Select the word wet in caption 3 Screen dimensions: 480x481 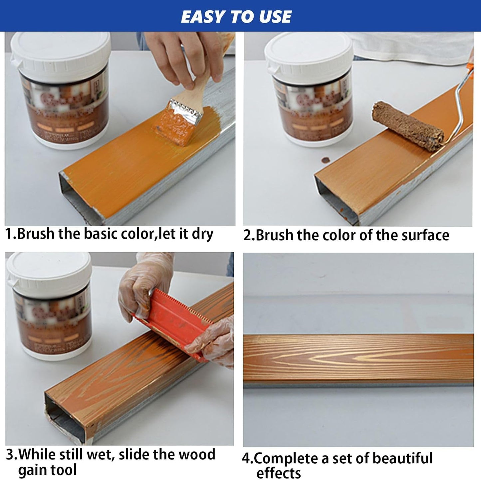pos(100,454)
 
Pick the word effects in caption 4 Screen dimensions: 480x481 pos(278,473)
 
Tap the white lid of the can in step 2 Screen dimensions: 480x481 pos(308,53)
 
